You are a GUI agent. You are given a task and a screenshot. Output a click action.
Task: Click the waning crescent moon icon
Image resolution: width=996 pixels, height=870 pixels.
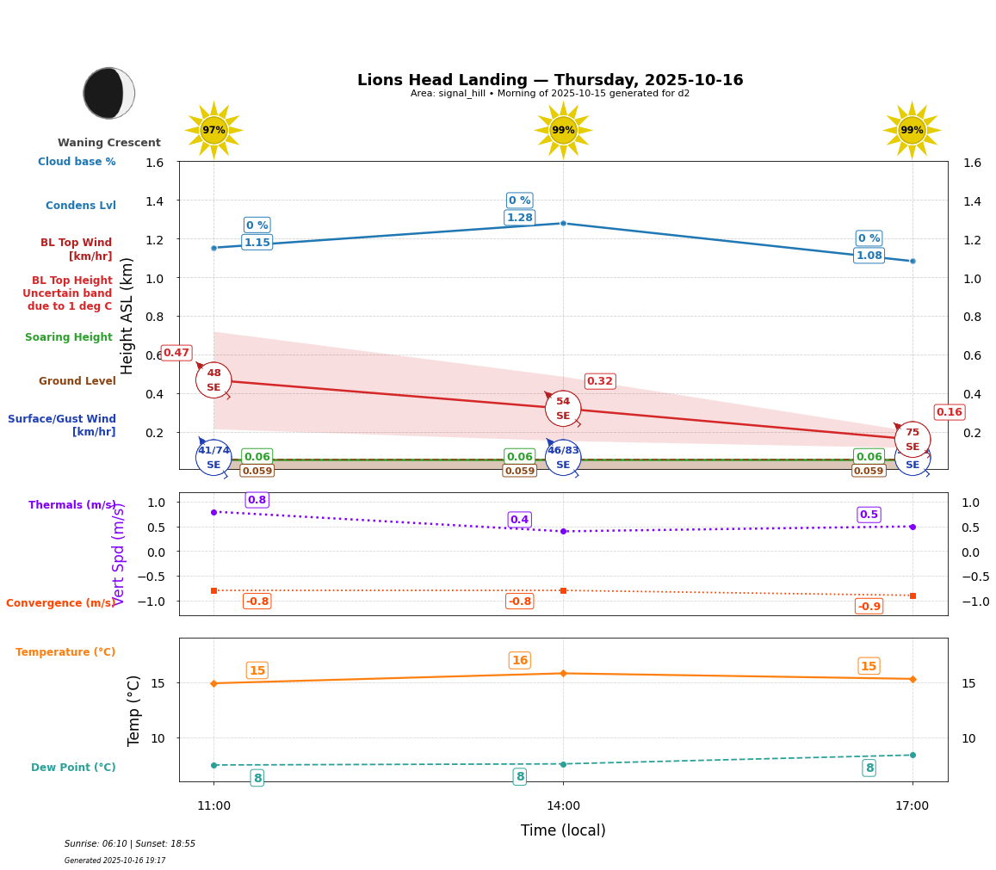point(108,93)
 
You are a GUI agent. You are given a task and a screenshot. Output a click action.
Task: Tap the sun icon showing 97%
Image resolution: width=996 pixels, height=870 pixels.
point(213,130)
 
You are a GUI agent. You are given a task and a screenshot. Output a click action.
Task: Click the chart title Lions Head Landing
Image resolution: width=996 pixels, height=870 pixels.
point(550,80)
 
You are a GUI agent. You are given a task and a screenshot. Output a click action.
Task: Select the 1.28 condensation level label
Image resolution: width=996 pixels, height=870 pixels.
point(520,218)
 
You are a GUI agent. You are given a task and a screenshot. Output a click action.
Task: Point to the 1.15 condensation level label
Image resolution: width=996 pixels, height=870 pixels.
point(257,243)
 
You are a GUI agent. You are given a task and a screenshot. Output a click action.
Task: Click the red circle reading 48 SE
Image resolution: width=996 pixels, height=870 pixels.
point(213,380)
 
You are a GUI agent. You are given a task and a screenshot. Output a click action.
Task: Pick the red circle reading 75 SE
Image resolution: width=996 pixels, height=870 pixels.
point(912,439)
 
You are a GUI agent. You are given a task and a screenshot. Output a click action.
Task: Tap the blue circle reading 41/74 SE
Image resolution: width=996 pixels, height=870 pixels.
point(213,457)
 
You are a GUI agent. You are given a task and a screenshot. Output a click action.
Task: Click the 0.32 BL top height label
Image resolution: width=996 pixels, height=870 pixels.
point(600,381)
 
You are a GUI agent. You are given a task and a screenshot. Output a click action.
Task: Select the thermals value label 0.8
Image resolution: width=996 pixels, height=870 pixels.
point(257,500)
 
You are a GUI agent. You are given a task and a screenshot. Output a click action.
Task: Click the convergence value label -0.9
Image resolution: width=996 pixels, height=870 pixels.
point(869,606)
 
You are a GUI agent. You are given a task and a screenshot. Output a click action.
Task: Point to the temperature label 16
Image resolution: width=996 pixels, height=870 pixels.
point(520,661)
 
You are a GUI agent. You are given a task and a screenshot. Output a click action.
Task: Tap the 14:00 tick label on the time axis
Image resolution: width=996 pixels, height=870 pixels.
point(563,805)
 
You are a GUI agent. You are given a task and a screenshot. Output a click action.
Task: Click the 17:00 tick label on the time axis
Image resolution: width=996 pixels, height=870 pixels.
point(912,805)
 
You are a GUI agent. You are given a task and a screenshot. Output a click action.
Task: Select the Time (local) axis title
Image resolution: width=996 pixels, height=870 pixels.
point(563,830)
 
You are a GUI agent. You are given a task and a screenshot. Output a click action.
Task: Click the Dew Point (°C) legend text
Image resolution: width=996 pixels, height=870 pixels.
point(73,768)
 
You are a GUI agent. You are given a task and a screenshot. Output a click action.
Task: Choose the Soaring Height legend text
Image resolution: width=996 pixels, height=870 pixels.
point(69,337)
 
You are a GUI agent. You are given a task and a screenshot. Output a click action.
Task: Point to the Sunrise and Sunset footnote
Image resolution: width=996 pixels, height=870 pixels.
point(130,844)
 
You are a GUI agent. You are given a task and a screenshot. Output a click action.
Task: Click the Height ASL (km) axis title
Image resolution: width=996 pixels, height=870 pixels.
point(127,316)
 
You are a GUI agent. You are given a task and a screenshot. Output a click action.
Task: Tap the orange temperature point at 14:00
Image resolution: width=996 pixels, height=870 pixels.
point(563,673)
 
